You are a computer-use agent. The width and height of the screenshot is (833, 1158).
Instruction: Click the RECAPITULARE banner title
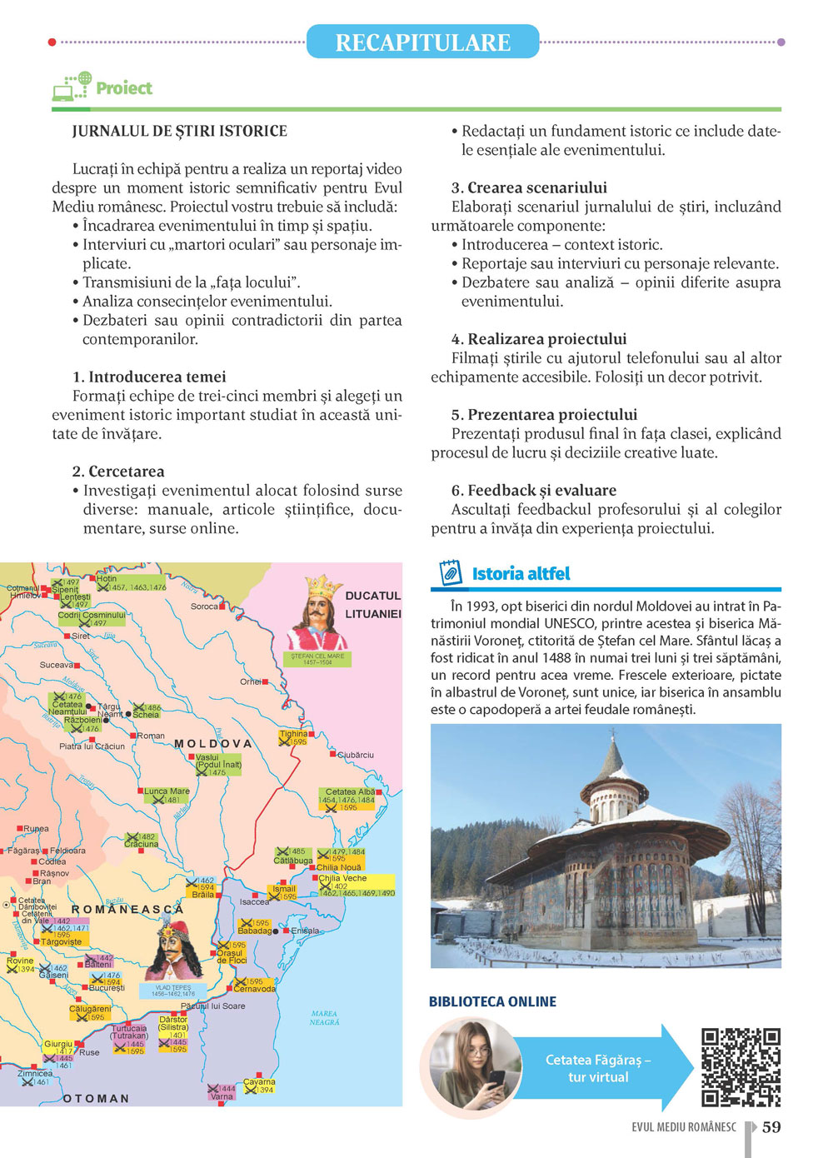tap(422, 42)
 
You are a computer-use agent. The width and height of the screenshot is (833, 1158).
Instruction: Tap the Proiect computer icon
tap(72, 87)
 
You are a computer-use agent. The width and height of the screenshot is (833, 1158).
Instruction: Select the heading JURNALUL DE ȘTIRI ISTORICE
tap(179, 132)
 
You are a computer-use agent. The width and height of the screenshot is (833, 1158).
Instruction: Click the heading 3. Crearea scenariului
tap(529, 187)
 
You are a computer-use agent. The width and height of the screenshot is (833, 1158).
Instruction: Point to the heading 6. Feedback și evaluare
tap(534, 490)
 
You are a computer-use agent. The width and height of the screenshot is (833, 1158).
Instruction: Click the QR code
tap(741, 1067)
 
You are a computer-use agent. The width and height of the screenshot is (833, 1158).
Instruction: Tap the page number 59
tap(771, 1127)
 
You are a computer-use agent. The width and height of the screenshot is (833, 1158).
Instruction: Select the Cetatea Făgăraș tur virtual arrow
tap(600, 1068)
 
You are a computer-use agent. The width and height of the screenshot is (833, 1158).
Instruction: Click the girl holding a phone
tap(471, 1066)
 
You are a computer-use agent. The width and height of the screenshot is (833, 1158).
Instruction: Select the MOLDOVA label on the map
tap(212, 743)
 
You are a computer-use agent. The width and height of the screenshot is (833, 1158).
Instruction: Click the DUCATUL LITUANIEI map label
tap(372, 605)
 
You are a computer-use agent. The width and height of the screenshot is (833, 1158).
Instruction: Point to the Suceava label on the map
tap(57, 665)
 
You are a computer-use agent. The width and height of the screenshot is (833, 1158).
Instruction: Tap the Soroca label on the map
tap(204, 606)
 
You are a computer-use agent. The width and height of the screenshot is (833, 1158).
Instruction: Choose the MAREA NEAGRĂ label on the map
tap(324, 1018)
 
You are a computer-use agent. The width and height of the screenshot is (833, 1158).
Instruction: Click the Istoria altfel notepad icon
tap(450, 573)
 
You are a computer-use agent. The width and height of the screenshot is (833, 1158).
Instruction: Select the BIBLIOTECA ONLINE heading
tap(492, 1001)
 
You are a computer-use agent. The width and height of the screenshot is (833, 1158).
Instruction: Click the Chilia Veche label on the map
tap(343, 878)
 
